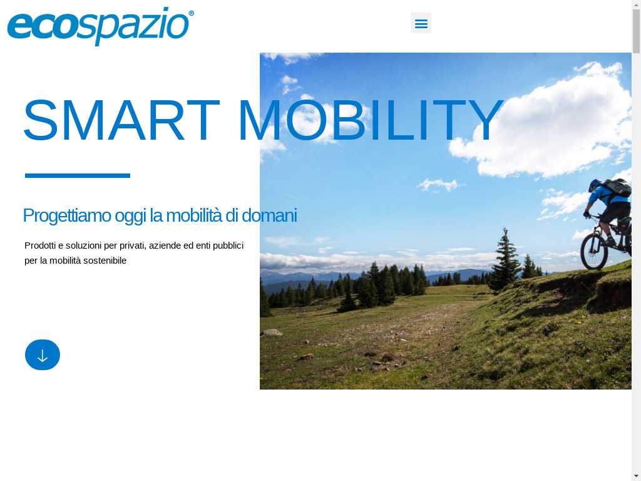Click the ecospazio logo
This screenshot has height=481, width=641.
[x=101, y=26]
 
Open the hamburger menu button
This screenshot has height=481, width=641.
[x=421, y=23]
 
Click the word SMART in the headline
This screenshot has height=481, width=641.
[x=121, y=120]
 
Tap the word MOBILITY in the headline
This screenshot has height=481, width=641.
[x=370, y=120]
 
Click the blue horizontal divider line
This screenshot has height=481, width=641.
[x=78, y=175]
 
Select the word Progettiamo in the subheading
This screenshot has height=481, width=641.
[x=66, y=216]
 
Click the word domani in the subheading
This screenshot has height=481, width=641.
[x=269, y=215]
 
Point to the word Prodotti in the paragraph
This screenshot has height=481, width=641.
[x=40, y=246]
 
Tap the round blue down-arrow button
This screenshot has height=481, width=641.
[x=43, y=354]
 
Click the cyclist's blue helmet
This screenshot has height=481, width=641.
[x=595, y=185]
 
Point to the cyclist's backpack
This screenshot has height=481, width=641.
[x=617, y=187]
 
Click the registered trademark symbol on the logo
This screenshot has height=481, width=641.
[x=191, y=14]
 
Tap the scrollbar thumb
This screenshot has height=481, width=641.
[x=636, y=31]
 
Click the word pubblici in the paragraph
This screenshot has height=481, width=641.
[x=228, y=246]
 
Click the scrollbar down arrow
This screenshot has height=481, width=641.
[x=636, y=477]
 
